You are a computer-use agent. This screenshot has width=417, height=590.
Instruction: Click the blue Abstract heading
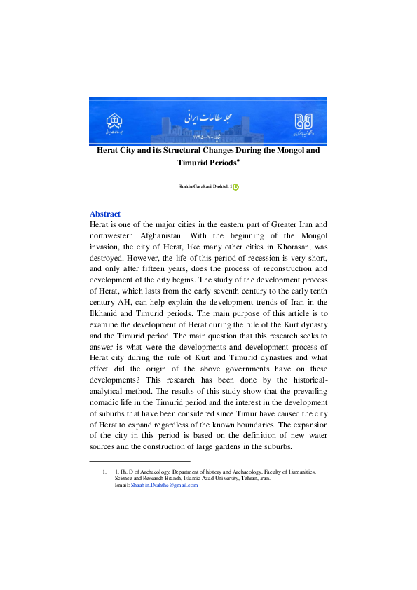click(x=105, y=214)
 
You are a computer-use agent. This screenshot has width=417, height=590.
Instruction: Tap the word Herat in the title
click(x=110, y=150)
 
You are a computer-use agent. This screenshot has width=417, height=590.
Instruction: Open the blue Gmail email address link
click(x=165, y=485)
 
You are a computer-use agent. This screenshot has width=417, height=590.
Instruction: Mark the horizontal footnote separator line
click(x=139, y=461)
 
